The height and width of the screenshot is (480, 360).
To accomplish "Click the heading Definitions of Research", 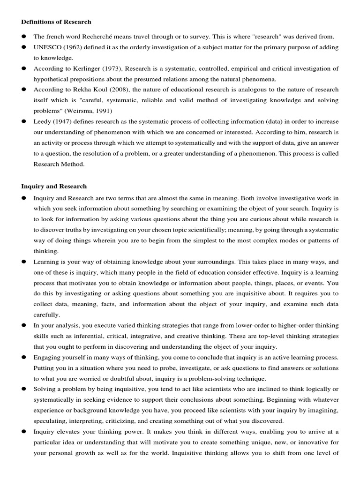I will point(56,22).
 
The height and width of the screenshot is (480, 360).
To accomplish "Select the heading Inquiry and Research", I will point(54,186).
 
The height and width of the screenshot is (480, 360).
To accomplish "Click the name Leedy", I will point(42,121).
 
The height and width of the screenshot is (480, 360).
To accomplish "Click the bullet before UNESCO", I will point(23,47).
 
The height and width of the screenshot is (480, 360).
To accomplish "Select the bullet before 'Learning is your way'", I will point(23,262).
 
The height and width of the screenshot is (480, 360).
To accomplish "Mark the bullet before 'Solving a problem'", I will point(23,389).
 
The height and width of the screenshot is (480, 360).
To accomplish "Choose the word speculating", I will point(52,421).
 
